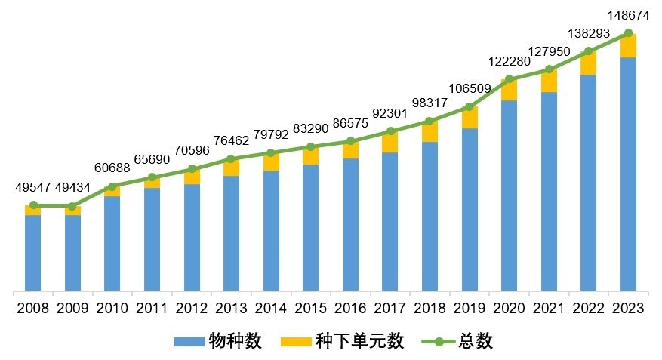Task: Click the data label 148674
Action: pyautogui.click(x=629, y=14)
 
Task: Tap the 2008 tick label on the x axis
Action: pyautogui.click(x=32, y=308)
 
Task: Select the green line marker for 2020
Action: pyautogui.click(x=510, y=78)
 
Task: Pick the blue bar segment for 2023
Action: pyautogui.click(x=629, y=174)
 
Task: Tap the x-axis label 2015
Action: pyautogui.click(x=311, y=308)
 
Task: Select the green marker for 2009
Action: pyautogui.click(x=72, y=206)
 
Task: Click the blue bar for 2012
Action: pyautogui.click(x=192, y=237)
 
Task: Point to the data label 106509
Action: pyautogui.click(x=470, y=88)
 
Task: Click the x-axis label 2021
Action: pyautogui.click(x=549, y=308)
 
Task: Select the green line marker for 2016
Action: pyautogui.click(x=350, y=141)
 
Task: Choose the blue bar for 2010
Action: pyautogui.click(x=112, y=243)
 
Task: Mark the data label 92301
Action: pyautogui.click(x=390, y=113)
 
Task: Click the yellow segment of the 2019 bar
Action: pyautogui.click(x=470, y=118)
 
